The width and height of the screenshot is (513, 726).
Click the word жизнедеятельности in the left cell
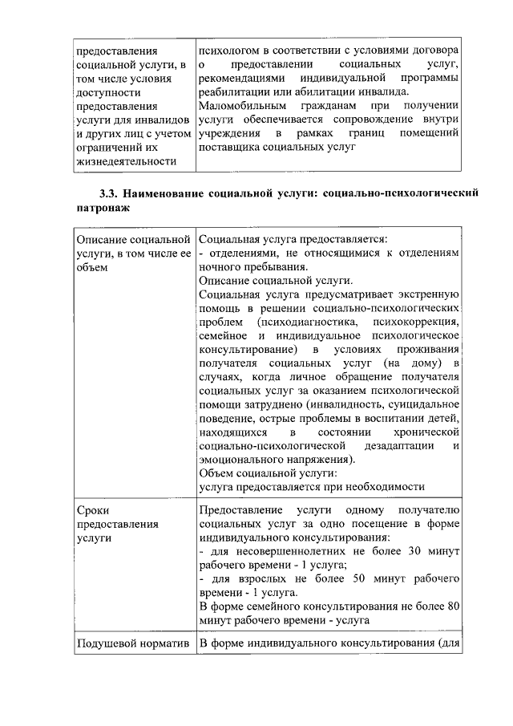[125, 162]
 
